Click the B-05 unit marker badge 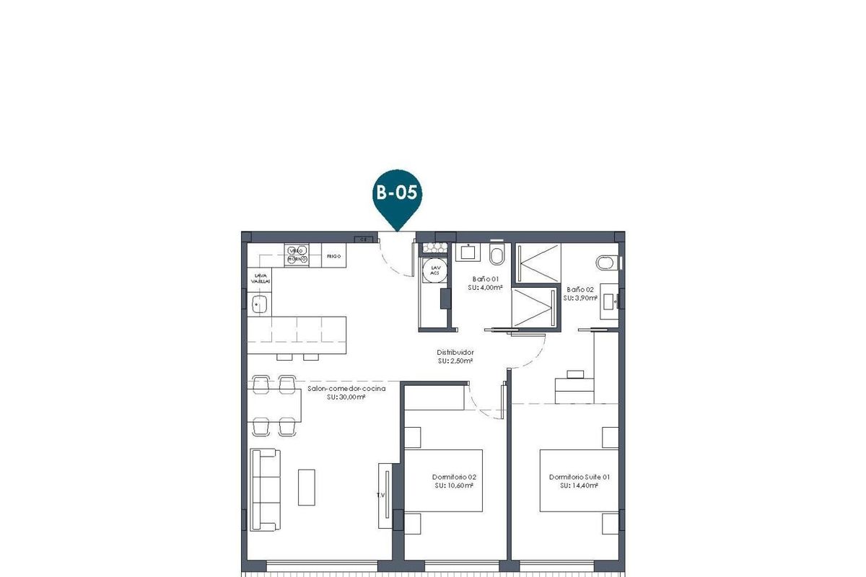396,193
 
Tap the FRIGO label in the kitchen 333,256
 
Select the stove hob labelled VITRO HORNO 297,255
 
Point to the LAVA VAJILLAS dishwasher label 261,278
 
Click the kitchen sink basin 260,304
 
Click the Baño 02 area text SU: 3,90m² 582,297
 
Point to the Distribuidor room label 455,352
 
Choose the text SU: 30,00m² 346,397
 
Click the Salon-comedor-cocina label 346,388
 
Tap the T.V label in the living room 380,495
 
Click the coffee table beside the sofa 307,487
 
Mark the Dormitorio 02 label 454,477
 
